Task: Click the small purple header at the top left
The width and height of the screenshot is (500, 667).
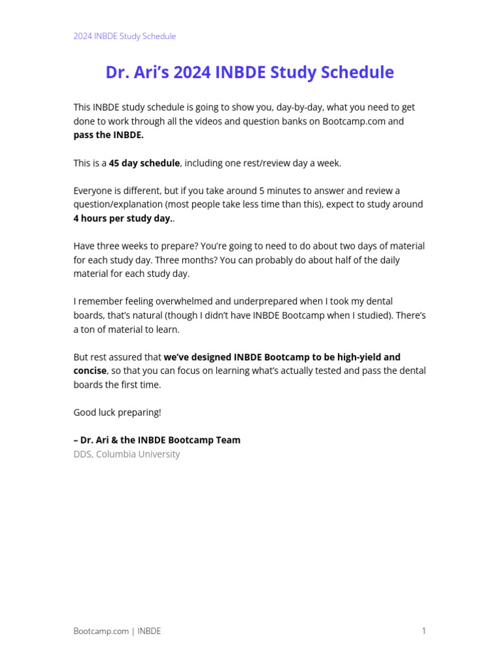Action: (124, 36)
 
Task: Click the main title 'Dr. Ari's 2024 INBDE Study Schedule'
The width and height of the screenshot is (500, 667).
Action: (249, 72)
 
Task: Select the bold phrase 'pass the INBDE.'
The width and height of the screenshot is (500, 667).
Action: (108, 135)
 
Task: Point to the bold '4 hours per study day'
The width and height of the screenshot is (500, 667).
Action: (122, 218)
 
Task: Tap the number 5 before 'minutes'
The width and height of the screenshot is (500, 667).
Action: (262, 190)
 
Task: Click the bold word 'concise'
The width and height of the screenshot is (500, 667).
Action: (90, 371)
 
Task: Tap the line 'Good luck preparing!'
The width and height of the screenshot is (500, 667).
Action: (117, 412)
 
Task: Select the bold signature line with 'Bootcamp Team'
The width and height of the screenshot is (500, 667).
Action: (157, 440)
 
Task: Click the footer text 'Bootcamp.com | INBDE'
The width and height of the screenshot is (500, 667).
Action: (117, 631)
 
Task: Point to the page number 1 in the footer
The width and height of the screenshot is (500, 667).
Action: (423, 631)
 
